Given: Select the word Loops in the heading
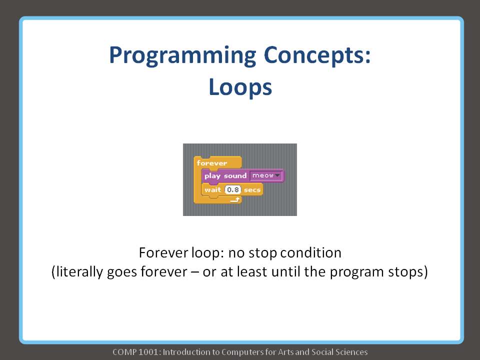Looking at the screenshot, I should [240, 87].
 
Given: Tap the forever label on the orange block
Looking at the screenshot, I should [212, 163].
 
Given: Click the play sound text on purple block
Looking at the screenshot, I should [225, 176].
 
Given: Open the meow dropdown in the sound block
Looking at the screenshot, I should [266, 176].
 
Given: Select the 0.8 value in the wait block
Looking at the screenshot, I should [232, 190].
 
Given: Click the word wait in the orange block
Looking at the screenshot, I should [212, 190].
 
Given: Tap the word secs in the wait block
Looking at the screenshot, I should [252, 190].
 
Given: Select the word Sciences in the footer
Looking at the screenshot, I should [351, 352].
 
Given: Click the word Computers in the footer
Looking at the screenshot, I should [233, 352].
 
